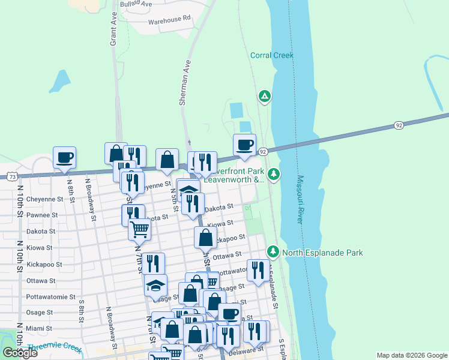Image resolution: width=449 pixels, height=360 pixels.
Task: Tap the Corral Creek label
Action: pos(271,56)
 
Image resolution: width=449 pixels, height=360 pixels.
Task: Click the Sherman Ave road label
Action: pos(184,82)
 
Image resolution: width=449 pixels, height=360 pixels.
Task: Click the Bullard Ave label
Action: pos(136,4)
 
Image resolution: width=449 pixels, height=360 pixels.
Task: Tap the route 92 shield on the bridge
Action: pos(399,125)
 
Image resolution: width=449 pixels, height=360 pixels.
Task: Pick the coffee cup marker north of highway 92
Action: pos(244,145)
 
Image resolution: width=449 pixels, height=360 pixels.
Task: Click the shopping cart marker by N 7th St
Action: pos(139,228)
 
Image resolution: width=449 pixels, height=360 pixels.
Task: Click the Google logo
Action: pos(20,353)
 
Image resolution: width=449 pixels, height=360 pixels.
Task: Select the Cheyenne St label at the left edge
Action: pos(45,199)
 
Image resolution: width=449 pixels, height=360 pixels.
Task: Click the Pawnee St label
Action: pos(42,215)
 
